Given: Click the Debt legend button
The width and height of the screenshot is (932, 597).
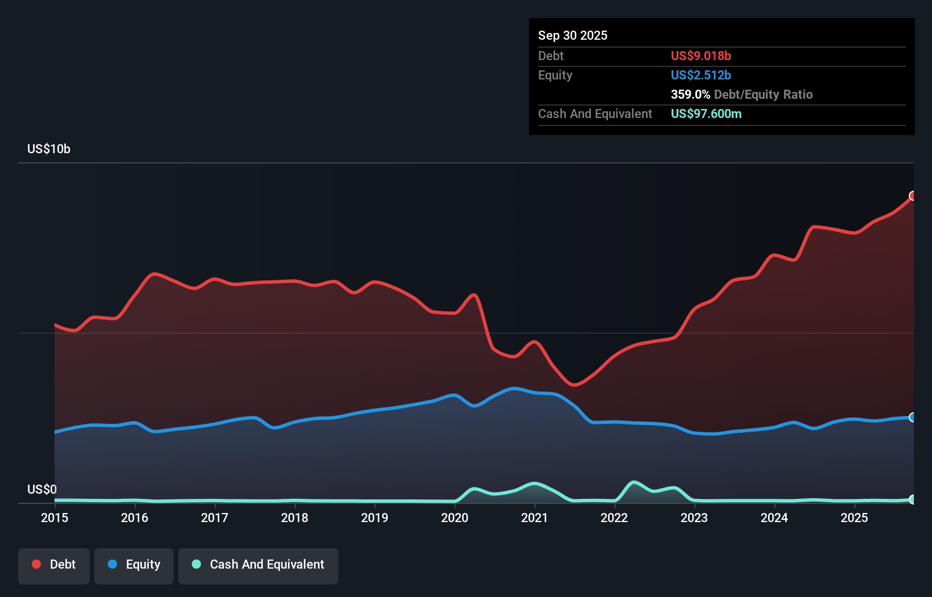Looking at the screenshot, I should tap(53, 565).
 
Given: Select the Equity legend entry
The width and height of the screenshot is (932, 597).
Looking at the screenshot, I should tap(134, 565).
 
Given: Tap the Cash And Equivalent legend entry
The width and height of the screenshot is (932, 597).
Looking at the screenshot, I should tap(258, 565).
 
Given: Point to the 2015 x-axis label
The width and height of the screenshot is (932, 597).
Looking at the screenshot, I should tap(54, 518).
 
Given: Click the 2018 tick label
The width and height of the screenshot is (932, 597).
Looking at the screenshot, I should tap(295, 518).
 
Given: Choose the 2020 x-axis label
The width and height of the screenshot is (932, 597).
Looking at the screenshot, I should tap(455, 518).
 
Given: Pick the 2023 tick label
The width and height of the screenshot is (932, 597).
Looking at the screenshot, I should tap(694, 518).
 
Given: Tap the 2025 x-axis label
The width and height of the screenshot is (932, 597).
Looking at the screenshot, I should tap(854, 518).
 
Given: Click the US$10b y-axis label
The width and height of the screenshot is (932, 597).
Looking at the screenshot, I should tap(49, 149).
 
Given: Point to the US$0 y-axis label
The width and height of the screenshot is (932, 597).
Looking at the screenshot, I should tap(42, 489).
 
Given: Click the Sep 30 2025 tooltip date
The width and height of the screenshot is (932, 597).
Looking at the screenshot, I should tap(573, 35).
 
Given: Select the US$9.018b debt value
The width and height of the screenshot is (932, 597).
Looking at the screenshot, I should tap(701, 56).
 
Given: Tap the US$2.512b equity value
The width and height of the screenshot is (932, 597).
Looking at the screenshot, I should tap(701, 75).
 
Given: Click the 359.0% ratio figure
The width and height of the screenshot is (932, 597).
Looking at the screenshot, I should tap(690, 94).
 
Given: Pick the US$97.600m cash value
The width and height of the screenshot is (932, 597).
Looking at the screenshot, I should tap(706, 113).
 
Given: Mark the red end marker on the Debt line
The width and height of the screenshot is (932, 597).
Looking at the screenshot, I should tap(913, 196).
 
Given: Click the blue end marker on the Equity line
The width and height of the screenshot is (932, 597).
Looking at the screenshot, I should tap(913, 417).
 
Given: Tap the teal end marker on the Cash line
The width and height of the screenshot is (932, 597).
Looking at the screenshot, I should tap(913, 499).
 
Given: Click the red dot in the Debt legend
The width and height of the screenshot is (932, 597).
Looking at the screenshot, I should tap(36, 564).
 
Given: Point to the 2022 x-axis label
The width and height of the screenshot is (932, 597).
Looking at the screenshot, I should tap(614, 518).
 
